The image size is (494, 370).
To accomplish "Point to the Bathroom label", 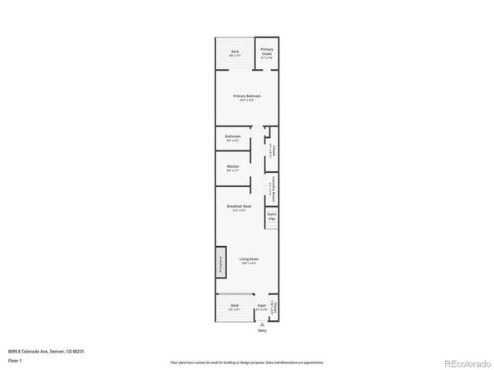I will click(233, 136).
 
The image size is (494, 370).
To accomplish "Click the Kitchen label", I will click(233, 166).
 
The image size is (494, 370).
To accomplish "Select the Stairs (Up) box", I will click(271, 216).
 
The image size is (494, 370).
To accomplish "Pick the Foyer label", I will click(261, 306).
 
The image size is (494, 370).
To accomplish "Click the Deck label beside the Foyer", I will click(235, 306).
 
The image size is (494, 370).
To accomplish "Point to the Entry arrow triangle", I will click(261, 323).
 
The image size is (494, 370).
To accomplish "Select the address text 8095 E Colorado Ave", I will click(44, 351).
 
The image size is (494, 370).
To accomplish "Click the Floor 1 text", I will click(16, 362).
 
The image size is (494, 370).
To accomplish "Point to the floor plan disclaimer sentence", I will click(246, 363).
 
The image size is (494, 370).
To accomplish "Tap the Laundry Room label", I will click(272, 186).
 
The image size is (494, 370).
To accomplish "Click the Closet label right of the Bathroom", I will click(272, 151).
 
